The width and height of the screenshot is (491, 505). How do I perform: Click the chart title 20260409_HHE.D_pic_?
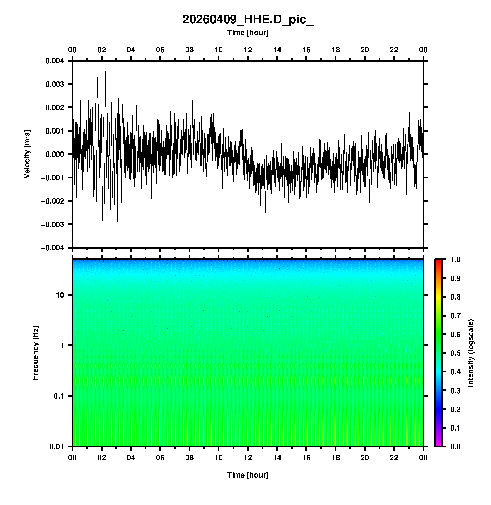248,20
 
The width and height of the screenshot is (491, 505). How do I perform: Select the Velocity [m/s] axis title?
27,154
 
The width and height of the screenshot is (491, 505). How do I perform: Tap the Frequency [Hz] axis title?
36,353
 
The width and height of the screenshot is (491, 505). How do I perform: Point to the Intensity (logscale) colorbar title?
471,353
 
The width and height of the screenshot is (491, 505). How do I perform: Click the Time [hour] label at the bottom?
248,475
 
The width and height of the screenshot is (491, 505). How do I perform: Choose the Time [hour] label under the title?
248,33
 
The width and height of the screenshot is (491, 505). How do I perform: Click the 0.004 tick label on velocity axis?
55,61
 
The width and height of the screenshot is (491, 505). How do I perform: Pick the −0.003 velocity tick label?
53,224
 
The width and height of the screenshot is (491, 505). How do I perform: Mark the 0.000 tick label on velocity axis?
55,154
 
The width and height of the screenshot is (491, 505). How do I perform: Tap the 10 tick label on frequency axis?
60,295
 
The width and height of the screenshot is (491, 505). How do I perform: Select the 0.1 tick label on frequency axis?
58,396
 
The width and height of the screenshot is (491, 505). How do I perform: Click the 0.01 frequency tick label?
57,447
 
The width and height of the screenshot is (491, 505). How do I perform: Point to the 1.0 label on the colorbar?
456,259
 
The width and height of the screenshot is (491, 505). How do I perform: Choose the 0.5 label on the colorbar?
456,353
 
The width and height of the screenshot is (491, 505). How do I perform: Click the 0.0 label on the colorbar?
456,446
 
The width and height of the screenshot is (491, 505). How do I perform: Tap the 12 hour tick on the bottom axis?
248,458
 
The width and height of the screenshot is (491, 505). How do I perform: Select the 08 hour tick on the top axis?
189,50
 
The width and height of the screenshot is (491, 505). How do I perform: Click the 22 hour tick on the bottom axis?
394,458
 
